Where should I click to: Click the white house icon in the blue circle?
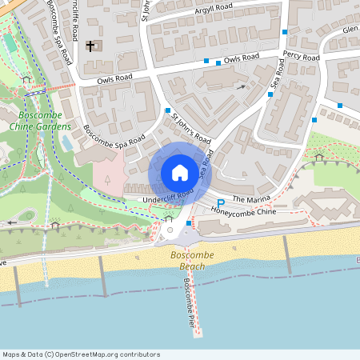(180, 172)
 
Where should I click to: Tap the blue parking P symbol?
(221, 204)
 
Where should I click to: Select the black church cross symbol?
(90, 46)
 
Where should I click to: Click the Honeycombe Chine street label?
(243, 212)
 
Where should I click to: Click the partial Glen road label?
(350, 29)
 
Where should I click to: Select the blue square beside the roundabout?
(189, 222)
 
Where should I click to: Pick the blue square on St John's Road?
(168, 110)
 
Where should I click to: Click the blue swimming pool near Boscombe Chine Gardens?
(66, 142)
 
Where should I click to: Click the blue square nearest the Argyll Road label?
(284, 32)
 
